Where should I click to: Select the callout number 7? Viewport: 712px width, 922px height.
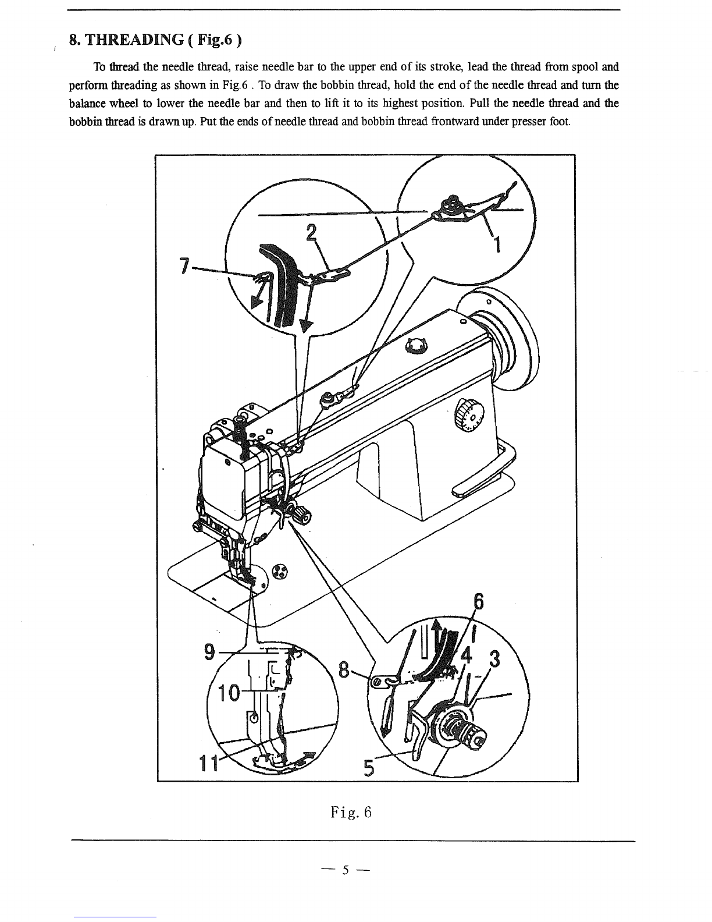point(184,266)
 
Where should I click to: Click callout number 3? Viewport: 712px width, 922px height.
point(494,660)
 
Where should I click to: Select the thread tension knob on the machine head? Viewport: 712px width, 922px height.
point(300,513)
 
